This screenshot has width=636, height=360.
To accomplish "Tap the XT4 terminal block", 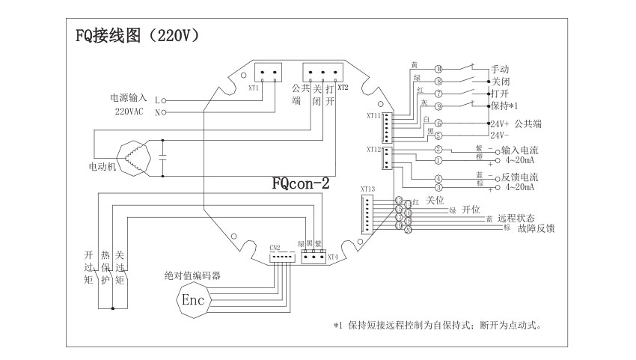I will click(x=314, y=256).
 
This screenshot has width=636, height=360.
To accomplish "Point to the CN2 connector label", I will click(x=274, y=247).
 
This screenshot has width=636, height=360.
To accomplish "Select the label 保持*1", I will click(x=506, y=106).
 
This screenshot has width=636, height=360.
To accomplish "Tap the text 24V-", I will click(x=500, y=135).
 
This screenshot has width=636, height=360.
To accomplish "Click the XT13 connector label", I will click(x=367, y=189).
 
